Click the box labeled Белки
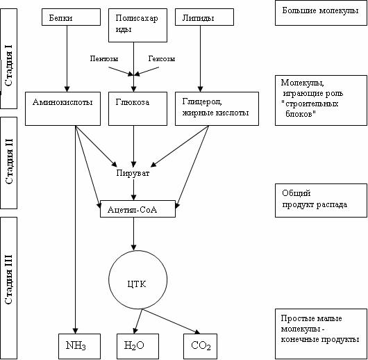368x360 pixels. [71, 17]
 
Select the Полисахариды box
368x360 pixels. [137, 26]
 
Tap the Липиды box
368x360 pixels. [204, 17]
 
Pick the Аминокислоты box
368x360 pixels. [63, 108]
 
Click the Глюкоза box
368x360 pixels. [137, 108]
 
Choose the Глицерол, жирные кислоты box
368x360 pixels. [217, 108]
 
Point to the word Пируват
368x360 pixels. [133, 174]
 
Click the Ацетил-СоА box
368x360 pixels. [137, 208]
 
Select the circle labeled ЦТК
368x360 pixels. [137, 279]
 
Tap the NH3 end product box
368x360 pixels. [79, 346]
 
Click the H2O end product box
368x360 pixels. [137, 346]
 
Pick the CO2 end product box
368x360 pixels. [200, 346]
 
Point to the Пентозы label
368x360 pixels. [104, 58]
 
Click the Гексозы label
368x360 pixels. [162, 58]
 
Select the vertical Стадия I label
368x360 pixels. [9, 65]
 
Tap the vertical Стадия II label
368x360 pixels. [9, 162]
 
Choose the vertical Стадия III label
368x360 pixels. [9, 279]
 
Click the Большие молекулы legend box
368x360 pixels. [321, 13]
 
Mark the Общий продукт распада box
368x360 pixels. [321, 200]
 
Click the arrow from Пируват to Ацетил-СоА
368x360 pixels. [133, 190]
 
